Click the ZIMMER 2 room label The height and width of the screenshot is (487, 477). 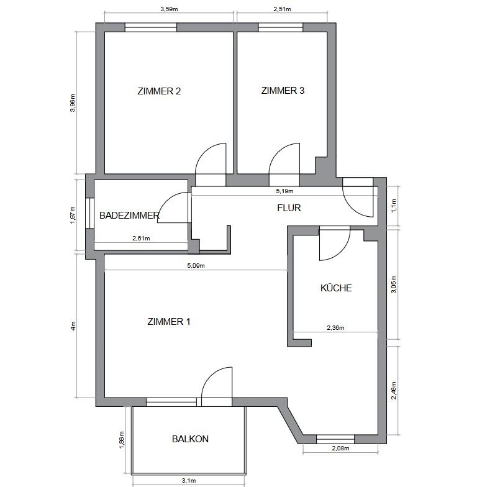pos(159,91)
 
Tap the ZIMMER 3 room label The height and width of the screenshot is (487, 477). pos(283,91)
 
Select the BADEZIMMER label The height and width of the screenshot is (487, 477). pos(129,215)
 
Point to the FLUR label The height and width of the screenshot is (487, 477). pos(289,207)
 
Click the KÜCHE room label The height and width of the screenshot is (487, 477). pos(336,288)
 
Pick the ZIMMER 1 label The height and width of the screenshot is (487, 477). pos(169,322)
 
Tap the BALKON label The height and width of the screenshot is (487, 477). pos(190,439)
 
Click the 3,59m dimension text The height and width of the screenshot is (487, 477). pos(169,9)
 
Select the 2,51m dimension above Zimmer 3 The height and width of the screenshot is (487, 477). pos(282,9)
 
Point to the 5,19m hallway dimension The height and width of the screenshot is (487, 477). pos(284,191)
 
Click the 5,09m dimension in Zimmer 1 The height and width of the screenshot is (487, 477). pos(196,266)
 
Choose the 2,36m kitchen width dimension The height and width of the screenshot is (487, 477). pos(335,327)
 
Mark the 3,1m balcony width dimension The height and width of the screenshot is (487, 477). pos(189,481)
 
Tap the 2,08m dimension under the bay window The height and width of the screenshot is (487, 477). pos(340,448)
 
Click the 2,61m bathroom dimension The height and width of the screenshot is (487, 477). pos(141,239)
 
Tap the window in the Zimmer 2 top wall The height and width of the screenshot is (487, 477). pos(151,27)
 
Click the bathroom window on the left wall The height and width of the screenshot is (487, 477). pos(89,213)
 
